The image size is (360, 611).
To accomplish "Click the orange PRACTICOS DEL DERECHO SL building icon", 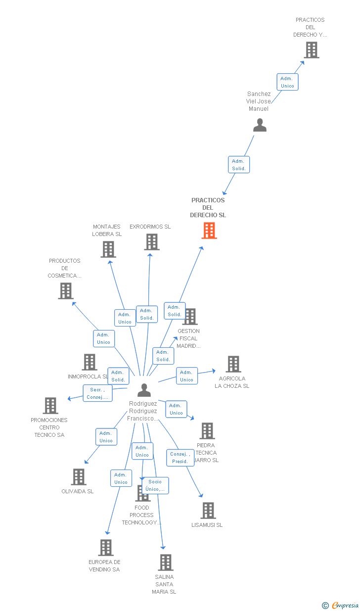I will pyautogui.click(x=209, y=231).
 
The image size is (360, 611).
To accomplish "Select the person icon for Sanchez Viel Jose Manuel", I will pyautogui.click(x=260, y=125).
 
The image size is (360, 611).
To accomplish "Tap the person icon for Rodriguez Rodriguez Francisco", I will pyautogui.click(x=144, y=390).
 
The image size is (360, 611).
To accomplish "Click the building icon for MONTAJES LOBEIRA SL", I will pyautogui.click(x=108, y=249).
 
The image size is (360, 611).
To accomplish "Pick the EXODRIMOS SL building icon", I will pyautogui.click(x=152, y=242).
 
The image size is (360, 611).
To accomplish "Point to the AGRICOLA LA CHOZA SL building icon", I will pyautogui.click(x=233, y=364).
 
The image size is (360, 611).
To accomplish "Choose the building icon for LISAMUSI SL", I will pyautogui.click(x=208, y=511).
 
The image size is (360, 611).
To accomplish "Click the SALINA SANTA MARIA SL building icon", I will pyautogui.click(x=165, y=563).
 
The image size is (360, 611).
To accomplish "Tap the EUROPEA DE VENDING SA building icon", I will pyautogui.click(x=106, y=548).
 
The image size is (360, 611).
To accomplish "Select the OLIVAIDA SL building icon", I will pyautogui.click(x=79, y=477).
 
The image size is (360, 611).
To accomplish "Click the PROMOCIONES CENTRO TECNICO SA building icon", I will pyautogui.click(x=50, y=406).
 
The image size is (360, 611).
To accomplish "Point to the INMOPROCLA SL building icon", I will pyautogui.click(x=89, y=362).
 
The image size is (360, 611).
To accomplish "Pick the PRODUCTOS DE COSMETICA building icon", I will pyautogui.click(x=65, y=291).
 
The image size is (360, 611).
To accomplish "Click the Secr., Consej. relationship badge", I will pyautogui.click(x=97, y=393).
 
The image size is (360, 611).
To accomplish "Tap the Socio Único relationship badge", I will pyautogui.click(x=155, y=485).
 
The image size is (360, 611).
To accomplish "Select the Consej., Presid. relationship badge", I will pyautogui.click(x=180, y=458).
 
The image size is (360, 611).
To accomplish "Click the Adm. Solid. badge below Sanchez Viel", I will pyautogui.click(x=239, y=165).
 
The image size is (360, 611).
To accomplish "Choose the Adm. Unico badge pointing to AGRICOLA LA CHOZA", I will pyautogui.click(x=186, y=376).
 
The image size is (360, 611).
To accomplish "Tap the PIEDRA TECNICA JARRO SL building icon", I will pyautogui.click(x=207, y=431).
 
